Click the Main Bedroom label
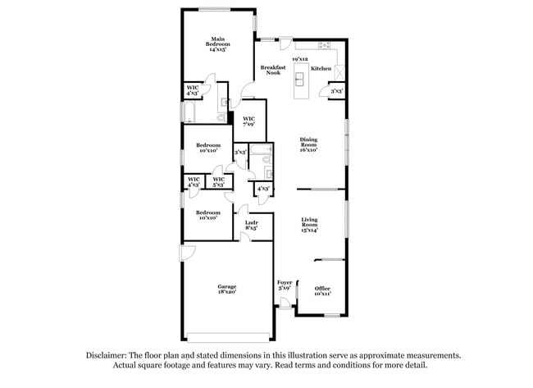pyautogui.click(x=218, y=43)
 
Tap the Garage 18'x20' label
pyautogui.click(x=227, y=289)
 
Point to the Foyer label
pyautogui.click(x=285, y=285)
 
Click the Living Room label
pyautogui.click(x=309, y=225)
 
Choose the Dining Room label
pyautogui.click(x=308, y=144)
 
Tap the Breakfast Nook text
pyautogui.click(x=273, y=70)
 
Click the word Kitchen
pyautogui.click(x=321, y=69)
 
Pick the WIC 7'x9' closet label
pyautogui.click(x=249, y=121)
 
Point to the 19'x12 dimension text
pyautogui.click(x=300, y=59)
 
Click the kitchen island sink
pyautogui.click(x=300, y=79)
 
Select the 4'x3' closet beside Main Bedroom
pyautogui.click(x=193, y=90)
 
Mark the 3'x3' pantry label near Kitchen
pyautogui.click(x=336, y=92)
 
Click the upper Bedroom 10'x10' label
pyautogui.click(x=207, y=148)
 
